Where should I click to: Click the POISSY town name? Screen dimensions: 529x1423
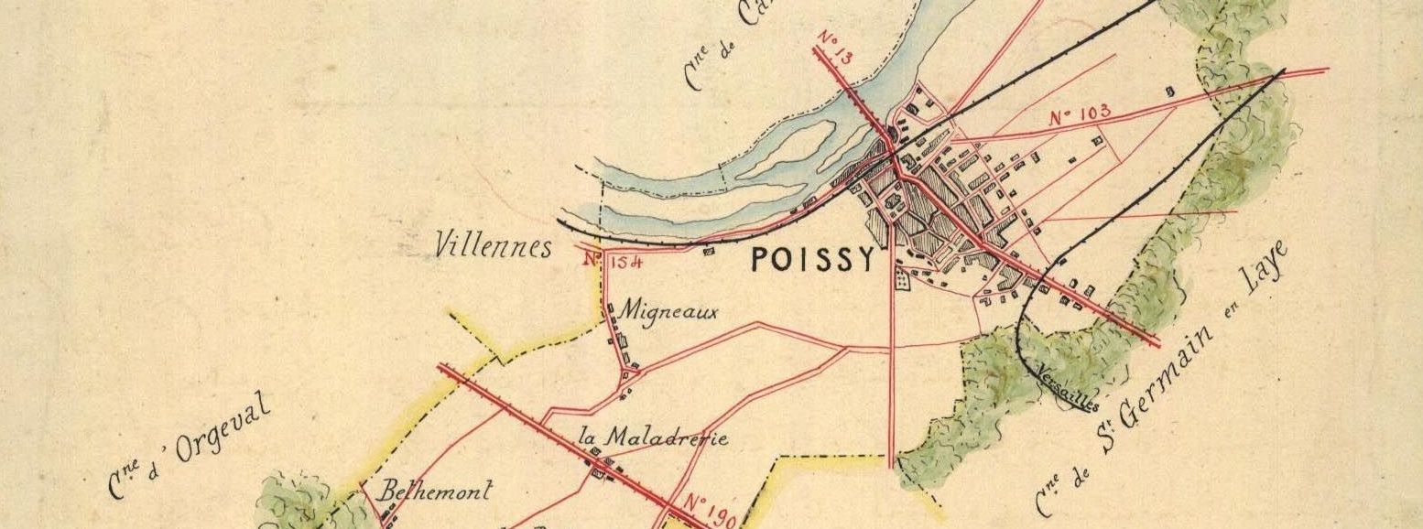coord(812,261)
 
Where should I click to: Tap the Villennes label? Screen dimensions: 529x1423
coord(494,246)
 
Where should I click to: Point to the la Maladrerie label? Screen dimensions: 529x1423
coord(654,437)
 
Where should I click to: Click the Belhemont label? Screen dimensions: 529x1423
coord(437,491)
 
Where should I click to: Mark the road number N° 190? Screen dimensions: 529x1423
coord(711,510)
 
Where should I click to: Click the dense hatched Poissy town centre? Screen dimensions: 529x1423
coord(925,206)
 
